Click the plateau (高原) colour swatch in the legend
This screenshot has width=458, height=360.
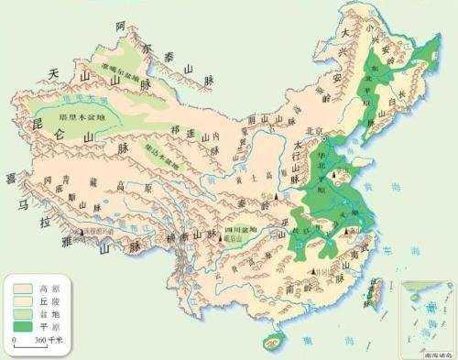(x=21, y=289)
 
